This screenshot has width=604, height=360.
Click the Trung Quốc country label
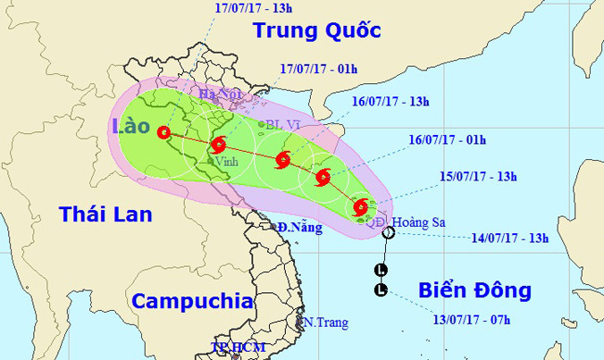pos(317,30)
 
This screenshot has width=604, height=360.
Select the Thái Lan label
pos(105,213)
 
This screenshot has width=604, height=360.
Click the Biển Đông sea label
pos(474,290)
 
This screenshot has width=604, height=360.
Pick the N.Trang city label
pos(325,322)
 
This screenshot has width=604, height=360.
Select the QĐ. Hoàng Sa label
pos(403,222)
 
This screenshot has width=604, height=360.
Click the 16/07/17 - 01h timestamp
pos(447,140)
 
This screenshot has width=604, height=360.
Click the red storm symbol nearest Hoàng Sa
pos(360,208)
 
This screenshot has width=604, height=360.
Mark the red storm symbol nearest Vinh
pos(217,146)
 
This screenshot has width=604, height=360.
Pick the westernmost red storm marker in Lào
pos(164,134)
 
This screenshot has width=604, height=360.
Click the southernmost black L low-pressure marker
pos(382,289)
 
